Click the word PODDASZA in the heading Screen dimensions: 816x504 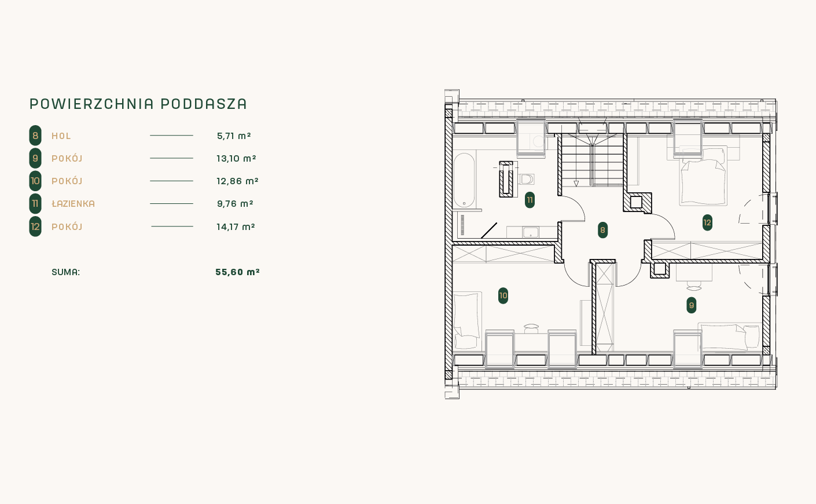pyautogui.click(x=204, y=104)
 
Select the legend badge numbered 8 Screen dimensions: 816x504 pyautogui.click(x=35, y=136)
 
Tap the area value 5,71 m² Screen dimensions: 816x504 pyautogui.click(x=234, y=136)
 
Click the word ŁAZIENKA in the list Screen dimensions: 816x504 pyautogui.click(x=73, y=203)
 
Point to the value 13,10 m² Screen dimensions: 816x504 pyautogui.click(x=237, y=158)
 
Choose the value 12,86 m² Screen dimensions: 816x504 pyautogui.click(x=237, y=181)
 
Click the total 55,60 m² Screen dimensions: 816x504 pyautogui.click(x=237, y=272)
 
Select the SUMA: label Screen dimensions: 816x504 pyautogui.click(x=65, y=272)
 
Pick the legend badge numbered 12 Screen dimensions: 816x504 pyautogui.click(x=35, y=227)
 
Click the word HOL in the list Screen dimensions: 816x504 pyautogui.click(x=61, y=136)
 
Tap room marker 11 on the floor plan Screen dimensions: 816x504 pyautogui.click(x=530, y=200)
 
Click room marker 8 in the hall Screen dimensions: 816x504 pyautogui.click(x=602, y=230)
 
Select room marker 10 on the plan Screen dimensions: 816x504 pyautogui.click(x=503, y=295)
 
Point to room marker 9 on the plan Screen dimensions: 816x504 pyautogui.click(x=692, y=305)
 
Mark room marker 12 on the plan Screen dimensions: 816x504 pyautogui.click(x=707, y=222)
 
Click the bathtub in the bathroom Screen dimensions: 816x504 pyautogui.click(x=464, y=180)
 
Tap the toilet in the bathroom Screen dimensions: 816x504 pyautogui.click(x=527, y=179)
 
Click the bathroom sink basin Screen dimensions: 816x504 pyautogui.click(x=530, y=232)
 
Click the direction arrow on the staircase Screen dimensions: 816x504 pyautogui.click(x=576, y=184)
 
